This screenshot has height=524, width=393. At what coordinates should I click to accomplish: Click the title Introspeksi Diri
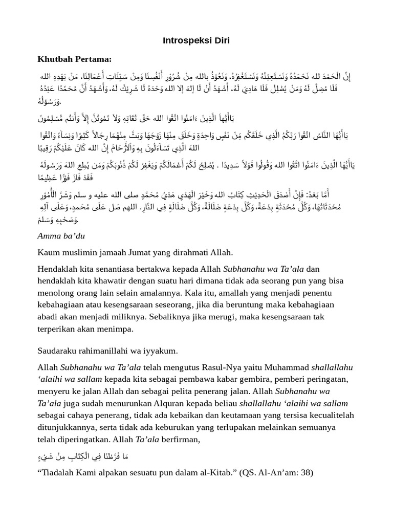(196, 40)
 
